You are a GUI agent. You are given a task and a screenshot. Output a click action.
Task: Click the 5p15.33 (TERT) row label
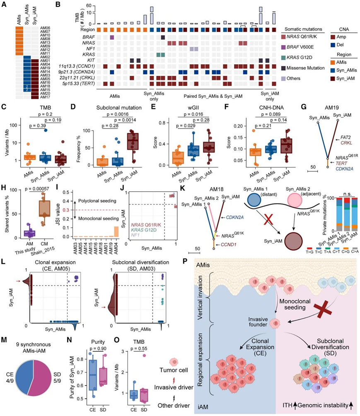[x=75, y=83]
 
